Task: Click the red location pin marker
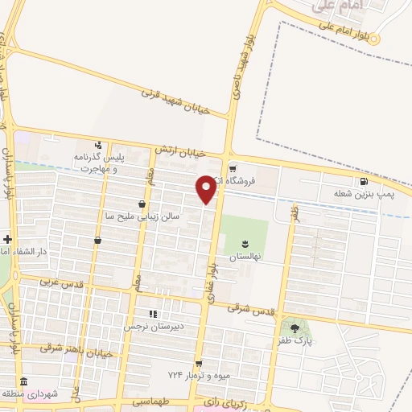point(207,189)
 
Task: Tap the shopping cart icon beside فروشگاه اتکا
point(233,169)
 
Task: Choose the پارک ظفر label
point(295,342)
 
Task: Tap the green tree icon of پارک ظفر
point(293,328)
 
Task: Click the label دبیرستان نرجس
point(154,327)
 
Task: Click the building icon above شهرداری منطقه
point(24,382)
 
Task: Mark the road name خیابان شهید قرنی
point(175,101)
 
